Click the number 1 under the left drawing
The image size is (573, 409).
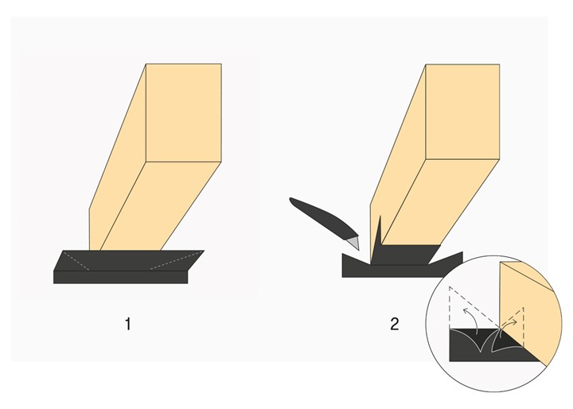[x=128, y=324]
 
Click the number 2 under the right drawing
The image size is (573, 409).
[x=395, y=324]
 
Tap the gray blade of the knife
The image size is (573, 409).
[x=354, y=243]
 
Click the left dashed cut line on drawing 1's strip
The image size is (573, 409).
[x=76, y=261]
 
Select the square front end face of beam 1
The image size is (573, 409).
[x=184, y=112]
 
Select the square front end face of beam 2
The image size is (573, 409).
[x=462, y=112]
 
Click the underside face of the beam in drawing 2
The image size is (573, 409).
[x=439, y=203]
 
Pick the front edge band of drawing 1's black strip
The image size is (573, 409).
[x=121, y=277]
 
